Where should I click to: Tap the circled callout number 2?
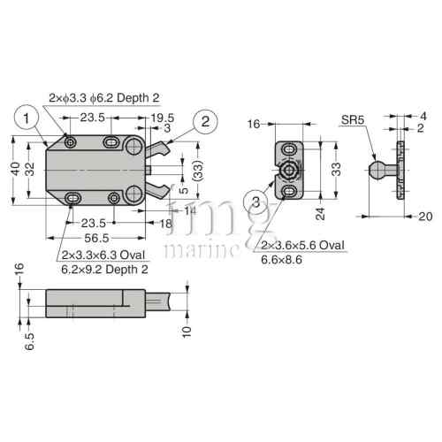(205, 122)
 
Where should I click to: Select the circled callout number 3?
(255, 202)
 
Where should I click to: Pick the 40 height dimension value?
(14, 168)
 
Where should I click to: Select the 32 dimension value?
(30, 168)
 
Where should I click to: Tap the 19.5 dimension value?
(162, 116)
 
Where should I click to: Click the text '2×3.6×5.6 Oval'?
(301, 244)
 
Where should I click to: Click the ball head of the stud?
(376, 168)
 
